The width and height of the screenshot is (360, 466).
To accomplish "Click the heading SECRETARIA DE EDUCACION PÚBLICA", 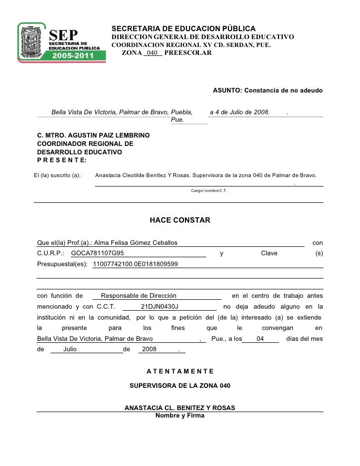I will (183, 28).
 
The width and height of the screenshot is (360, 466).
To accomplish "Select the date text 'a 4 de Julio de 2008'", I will (240, 112).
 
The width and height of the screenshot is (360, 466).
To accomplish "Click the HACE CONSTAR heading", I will (180, 219).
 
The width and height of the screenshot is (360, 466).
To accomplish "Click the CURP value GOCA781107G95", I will (97, 253).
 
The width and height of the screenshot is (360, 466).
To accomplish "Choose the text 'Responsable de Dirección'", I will (138, 295).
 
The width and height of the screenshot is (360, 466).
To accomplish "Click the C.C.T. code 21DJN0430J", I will (159, 306).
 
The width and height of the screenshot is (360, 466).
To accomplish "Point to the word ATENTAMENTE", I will (180, 371).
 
